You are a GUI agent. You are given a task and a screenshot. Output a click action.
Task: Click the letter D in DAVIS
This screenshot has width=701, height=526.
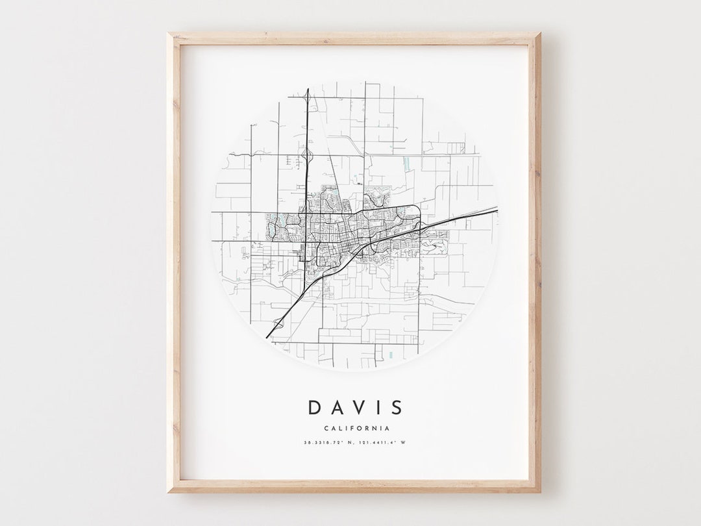click(x=315, y=408)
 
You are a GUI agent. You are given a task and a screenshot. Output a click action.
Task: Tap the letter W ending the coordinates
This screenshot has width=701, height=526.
click(x=403, y=443)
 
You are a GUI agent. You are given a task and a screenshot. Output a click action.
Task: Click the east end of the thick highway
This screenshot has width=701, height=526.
click(x=497, y=208)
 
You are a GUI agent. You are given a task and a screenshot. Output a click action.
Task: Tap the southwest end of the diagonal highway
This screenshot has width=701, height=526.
click(x=267, y=337)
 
